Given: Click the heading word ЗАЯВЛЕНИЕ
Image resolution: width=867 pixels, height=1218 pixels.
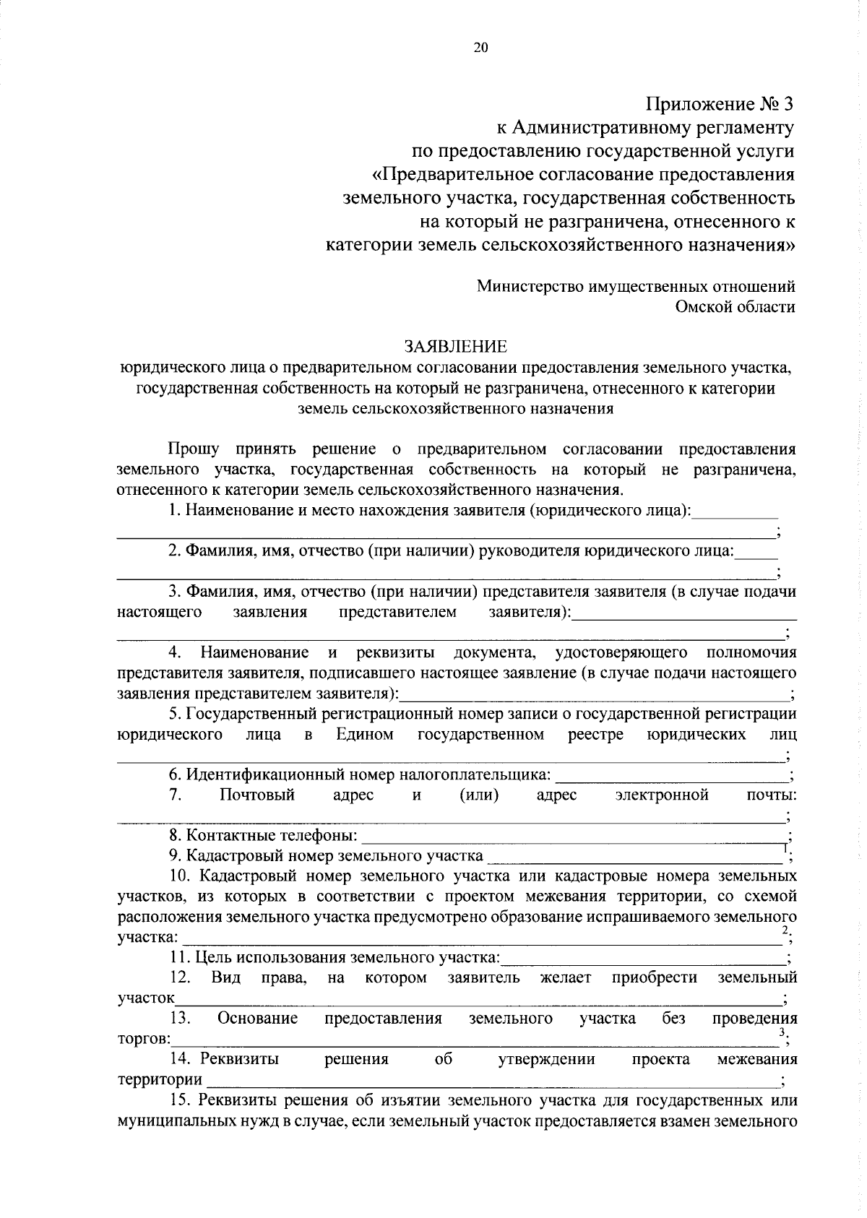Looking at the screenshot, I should [x=456, y=346].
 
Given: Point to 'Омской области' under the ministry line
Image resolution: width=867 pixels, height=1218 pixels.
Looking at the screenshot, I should [x=735, y=306].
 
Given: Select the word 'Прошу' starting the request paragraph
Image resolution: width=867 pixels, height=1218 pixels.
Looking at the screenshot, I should [x=194, y=449].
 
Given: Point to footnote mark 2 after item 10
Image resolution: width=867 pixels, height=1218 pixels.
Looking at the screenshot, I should [x=785, y=930].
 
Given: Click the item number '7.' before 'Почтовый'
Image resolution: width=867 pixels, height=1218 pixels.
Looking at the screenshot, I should [x=175, y=795].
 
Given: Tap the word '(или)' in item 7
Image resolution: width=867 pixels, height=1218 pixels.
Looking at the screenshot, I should [x=479, y=795].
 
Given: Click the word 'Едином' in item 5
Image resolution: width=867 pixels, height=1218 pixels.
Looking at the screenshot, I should [x=365, y=735].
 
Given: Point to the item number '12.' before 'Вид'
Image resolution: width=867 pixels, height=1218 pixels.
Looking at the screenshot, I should [x=179, y=977].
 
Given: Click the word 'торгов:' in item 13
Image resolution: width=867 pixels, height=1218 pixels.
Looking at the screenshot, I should [x=144, y=1040].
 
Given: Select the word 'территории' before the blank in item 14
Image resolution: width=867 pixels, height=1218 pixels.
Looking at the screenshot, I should [x=160, y=1080].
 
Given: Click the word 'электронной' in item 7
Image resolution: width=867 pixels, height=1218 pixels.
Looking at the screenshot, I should [x=662, y=795].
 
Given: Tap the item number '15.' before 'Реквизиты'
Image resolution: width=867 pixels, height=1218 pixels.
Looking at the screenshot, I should [x=179, y=1101].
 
